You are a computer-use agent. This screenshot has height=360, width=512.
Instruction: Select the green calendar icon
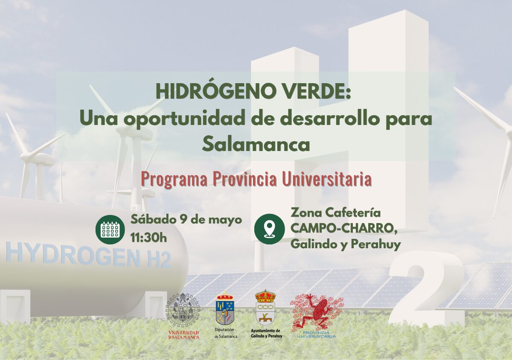(x=110, y=229)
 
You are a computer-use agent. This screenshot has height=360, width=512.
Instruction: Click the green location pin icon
(x=270, y=229)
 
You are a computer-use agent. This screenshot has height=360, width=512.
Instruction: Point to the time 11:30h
(x=148, y=238)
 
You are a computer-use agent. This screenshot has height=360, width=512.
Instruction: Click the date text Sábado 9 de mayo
(x=186, y=221)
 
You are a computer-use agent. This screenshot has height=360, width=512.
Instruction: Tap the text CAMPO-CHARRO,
(x=345, y=229)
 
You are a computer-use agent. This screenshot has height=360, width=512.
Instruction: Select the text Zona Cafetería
(x=336, y=213)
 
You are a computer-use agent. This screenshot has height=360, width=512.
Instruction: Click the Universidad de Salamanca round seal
(x=183, y=309)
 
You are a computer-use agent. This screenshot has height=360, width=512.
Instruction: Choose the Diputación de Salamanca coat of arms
(x=225, y=308)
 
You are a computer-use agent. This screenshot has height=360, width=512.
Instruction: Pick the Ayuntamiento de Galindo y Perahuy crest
(x=265, y=307)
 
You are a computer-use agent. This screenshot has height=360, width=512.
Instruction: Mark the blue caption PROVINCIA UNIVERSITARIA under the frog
(x=316, y=335)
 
